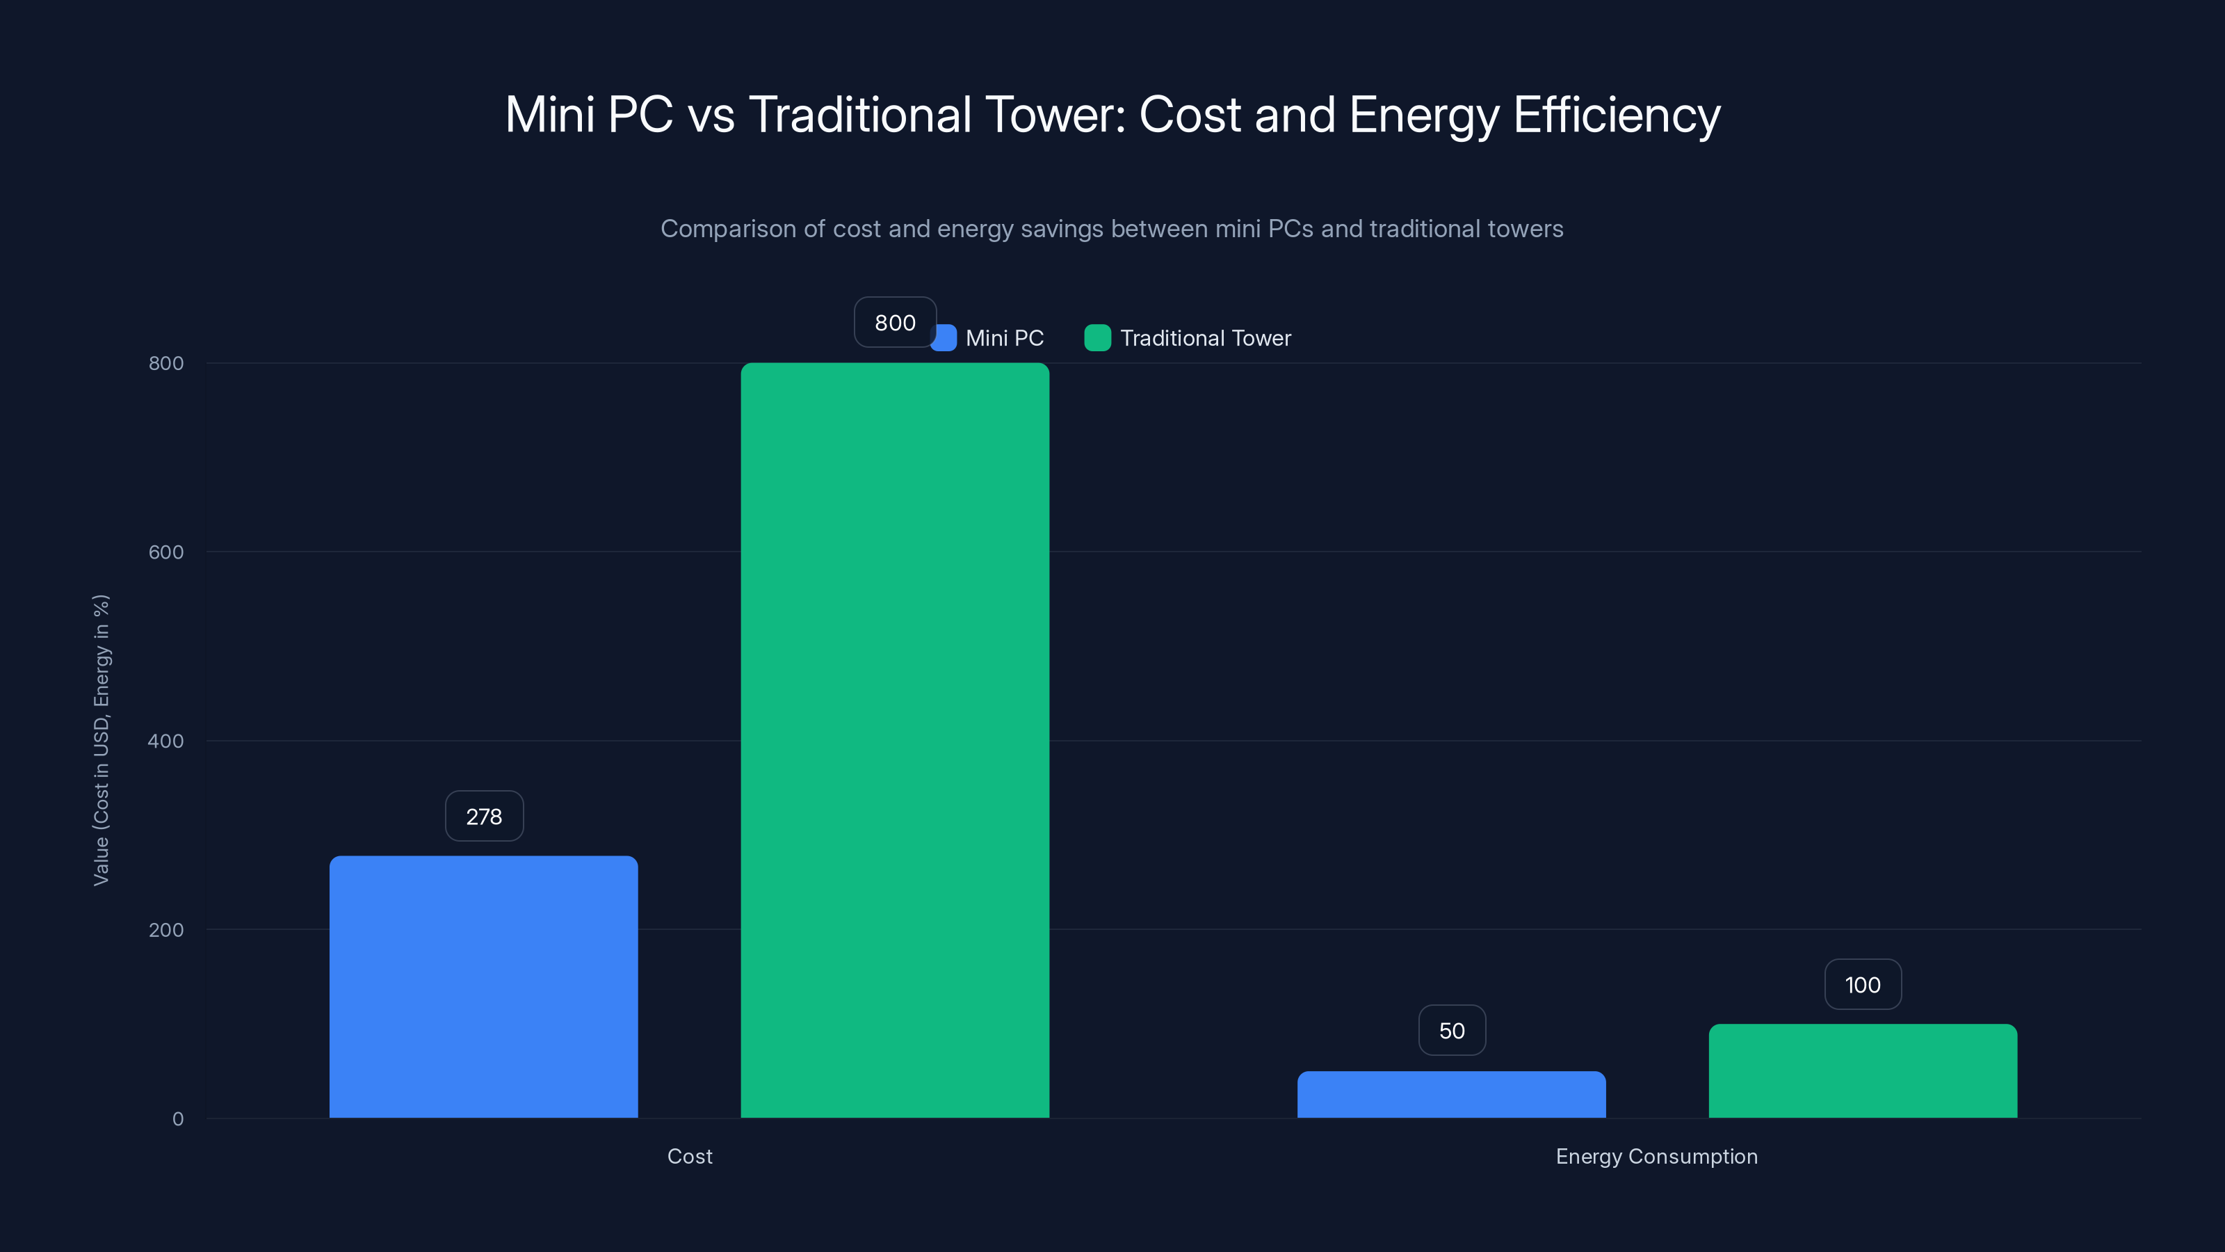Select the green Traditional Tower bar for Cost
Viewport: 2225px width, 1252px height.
click(x=895, y=741)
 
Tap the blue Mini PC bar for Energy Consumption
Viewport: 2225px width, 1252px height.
click(x=1451, y=1095)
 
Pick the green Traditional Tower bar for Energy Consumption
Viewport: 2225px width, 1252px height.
click(x=1862, y=1070)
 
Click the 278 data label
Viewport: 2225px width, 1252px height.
click(x=484, y=817)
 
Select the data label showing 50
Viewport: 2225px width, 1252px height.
click(x=1451, y=1030)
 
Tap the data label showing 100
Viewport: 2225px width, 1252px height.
click(x=1862, y=984)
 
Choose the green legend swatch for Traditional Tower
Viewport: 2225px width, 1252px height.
click(x=1097, y=338)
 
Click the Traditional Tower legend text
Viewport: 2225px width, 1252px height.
click(x=1205, y=338)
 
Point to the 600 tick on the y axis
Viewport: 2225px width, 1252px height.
click(x=166, y=552)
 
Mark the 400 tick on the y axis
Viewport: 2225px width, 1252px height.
click(x=166, y=741)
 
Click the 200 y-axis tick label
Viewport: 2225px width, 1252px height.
click(x=166, y=930)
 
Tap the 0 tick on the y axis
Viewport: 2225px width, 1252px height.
click(x=178, y=1119)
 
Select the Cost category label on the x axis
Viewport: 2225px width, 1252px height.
click(x=689, y=1156)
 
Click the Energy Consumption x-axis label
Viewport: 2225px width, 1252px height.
click(x=1656, y=1156)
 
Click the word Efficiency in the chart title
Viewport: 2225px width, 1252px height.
click(x=1616, y=115)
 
